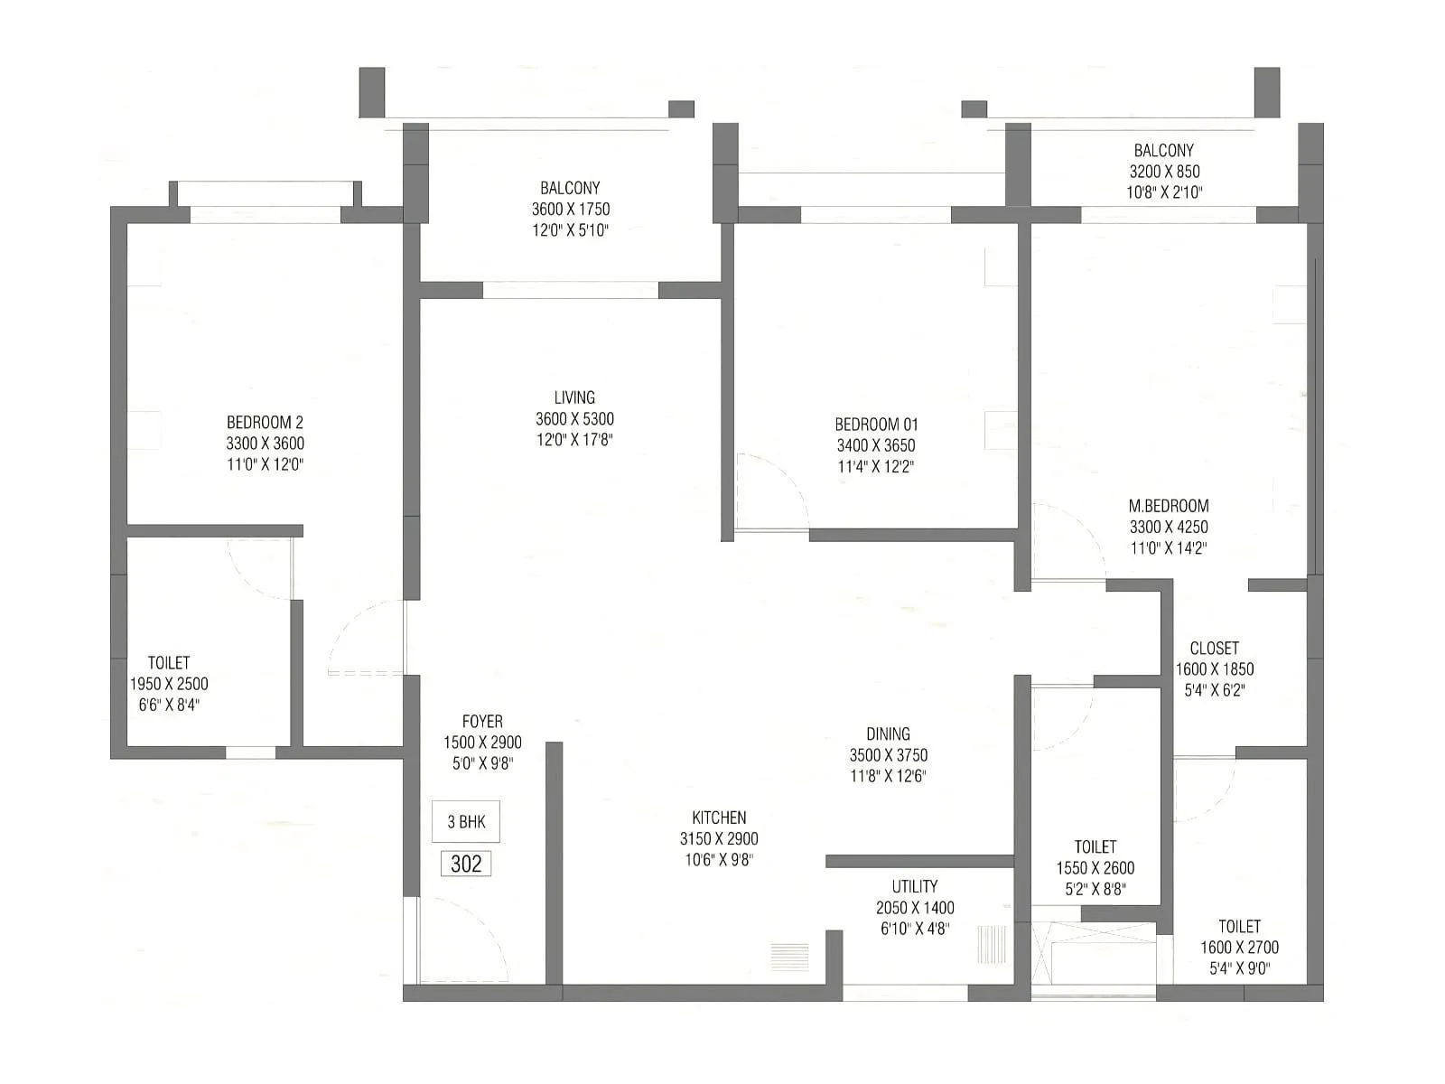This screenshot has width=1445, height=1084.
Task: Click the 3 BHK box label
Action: point(466,822)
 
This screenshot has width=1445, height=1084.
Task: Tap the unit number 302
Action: point(466,864)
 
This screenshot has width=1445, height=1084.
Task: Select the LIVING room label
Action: point(574,397)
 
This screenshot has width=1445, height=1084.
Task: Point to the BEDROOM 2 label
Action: point(265,422)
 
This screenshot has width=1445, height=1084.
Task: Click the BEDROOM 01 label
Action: point(876,424)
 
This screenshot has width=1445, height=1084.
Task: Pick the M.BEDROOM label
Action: point(1169,506)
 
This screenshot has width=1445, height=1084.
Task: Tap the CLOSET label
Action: point(1214,648)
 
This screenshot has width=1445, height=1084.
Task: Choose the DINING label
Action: point(888,734)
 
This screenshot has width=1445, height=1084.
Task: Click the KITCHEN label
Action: point(719,818)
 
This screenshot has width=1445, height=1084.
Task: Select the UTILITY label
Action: point(915,886)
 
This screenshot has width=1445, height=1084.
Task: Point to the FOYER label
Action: point(482,721)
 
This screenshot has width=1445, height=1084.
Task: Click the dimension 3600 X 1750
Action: point(570,209)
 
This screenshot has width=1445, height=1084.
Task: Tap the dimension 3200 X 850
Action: point(1164,171)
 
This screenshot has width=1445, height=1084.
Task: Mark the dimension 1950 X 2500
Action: point(169,684)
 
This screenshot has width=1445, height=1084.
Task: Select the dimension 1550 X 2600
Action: point(1095,868)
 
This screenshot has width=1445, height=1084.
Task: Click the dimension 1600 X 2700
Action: point(1239,948)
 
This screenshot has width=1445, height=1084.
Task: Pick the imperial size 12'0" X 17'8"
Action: point(574,440)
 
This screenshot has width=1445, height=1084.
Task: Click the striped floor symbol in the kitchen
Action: point(789,957)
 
